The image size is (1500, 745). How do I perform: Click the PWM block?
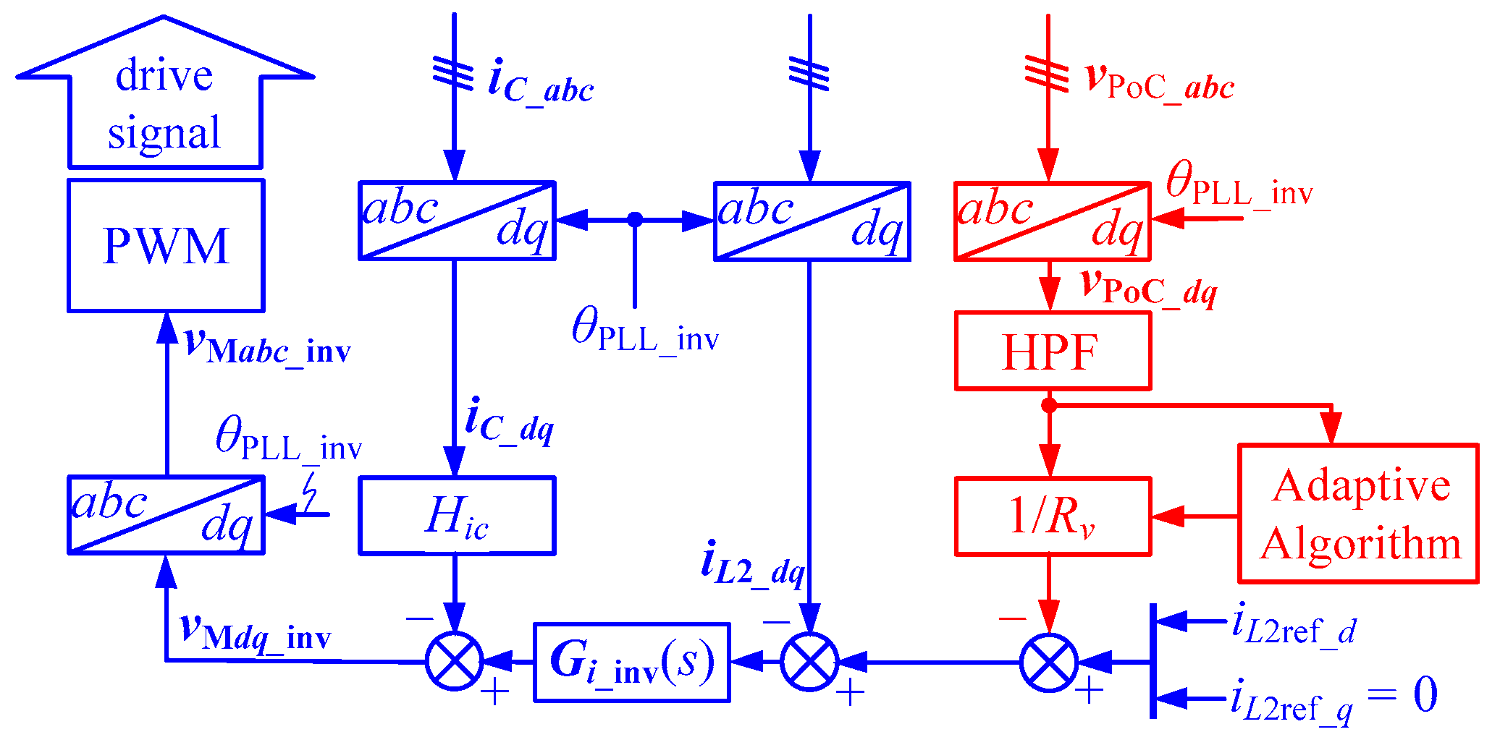[166, 246]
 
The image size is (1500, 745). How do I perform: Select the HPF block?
[1053, 352]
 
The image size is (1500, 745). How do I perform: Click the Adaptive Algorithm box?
[1358, 514]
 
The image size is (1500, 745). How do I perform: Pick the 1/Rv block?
[1053, 516]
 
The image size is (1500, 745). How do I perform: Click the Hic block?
[457, 516]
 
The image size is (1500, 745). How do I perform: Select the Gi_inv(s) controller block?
[632, 662]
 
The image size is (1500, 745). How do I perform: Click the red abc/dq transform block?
[1053, 221]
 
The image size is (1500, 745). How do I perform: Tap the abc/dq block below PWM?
[166, 515]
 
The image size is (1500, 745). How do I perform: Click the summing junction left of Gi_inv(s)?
[455, 661]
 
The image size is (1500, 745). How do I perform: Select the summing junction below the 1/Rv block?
[1049, 662]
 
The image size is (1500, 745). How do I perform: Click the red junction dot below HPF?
[1049, 405]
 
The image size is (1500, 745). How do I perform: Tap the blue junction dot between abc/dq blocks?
[635, 220]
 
